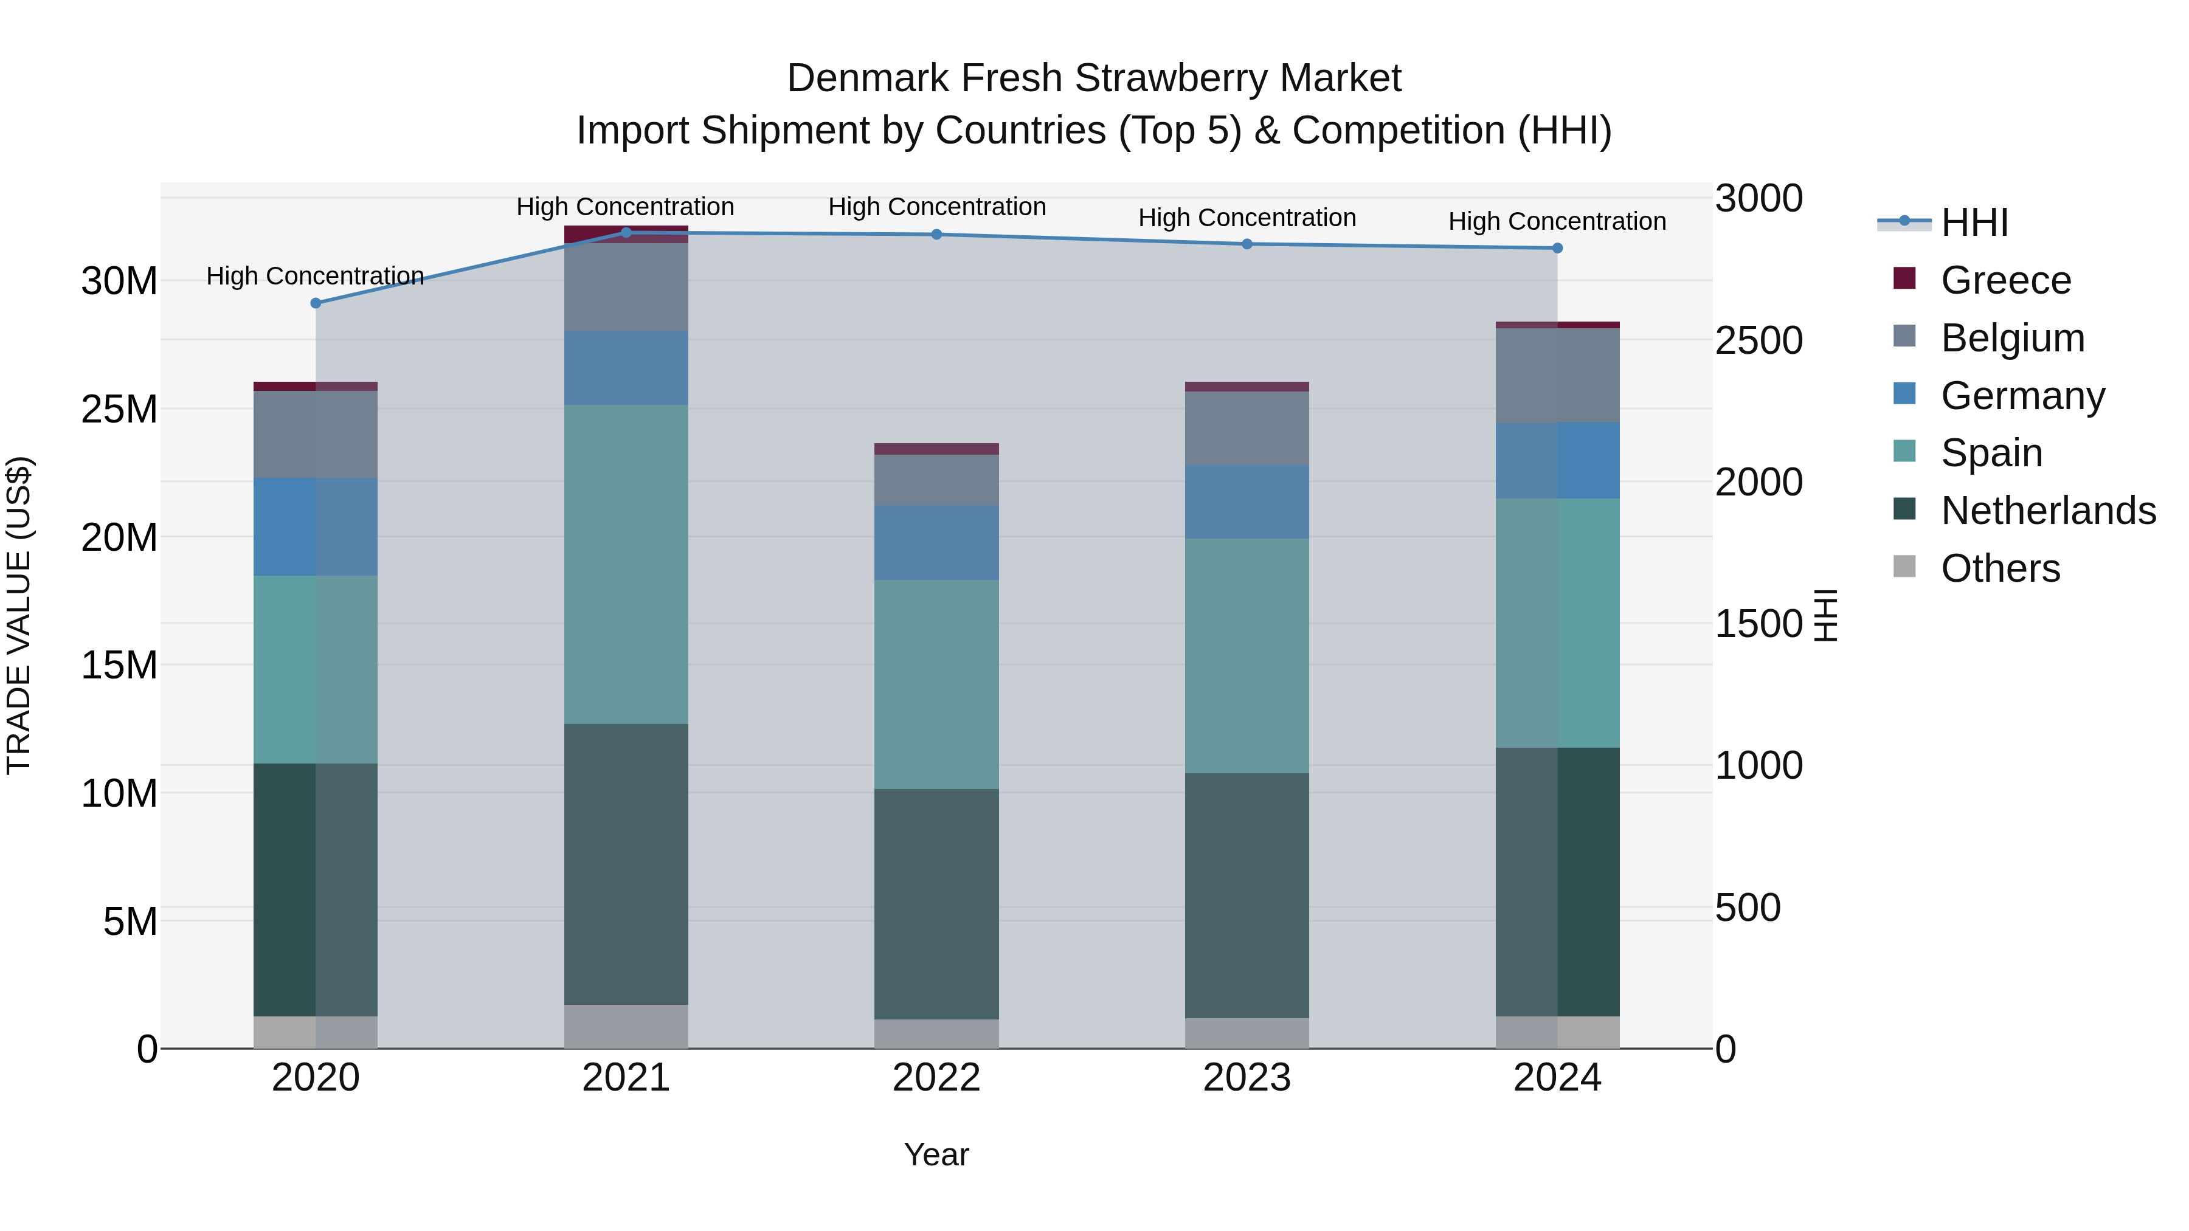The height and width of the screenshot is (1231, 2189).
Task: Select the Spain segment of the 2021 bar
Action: (626, 564)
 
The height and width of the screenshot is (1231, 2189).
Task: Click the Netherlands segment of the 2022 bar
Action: (936, 903)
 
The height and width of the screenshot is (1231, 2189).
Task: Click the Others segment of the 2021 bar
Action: (626, 1026)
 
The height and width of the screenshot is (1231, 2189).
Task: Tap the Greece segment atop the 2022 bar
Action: (936, 449)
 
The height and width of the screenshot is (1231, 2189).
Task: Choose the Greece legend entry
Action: (2005, 280)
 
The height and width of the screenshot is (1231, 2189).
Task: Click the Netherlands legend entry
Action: (2048, 511)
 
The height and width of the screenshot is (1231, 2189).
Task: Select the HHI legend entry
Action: (1974, 222)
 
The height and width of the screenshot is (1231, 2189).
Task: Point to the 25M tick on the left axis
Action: (119, 410)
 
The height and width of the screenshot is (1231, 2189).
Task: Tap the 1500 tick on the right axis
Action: (1758, 624)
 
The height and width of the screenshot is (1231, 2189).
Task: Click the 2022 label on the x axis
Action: (936, 1078)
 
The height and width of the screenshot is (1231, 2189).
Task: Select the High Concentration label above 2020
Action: (314, 276)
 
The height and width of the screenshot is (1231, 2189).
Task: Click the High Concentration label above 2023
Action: (1247, 218)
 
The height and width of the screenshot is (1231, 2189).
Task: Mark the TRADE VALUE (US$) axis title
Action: (19, 615)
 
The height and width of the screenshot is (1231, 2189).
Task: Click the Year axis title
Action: (936, 1154)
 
